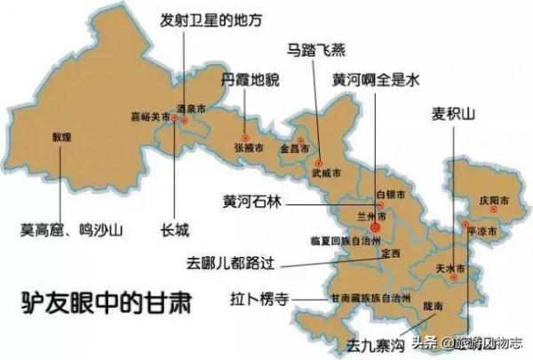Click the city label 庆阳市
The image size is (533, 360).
(490, 201)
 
